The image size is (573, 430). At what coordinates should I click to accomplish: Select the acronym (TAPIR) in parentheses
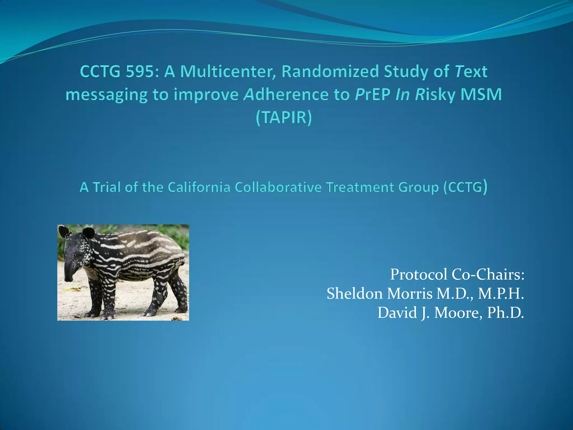(x=284, y=117)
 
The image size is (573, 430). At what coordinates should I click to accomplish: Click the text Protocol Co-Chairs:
(x=457, y=274)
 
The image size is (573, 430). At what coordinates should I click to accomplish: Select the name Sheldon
(x=354, y=294)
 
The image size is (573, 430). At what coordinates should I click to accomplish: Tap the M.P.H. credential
(x=501, y=294)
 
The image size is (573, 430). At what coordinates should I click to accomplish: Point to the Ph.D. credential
(x=505, y=313)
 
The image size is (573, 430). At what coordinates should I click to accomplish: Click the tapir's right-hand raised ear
(x=88, y=232)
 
